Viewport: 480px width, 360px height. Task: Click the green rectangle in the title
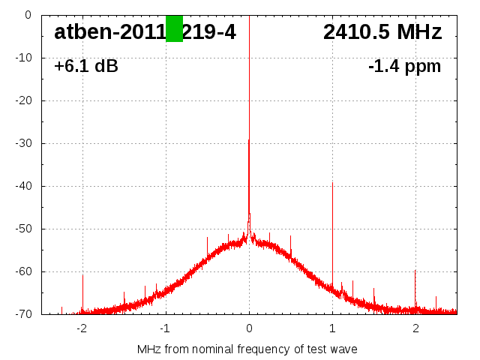click(x=174, y=28)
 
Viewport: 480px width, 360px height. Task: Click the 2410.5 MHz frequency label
click(x=382, y=31)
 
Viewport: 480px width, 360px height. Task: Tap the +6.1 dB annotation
click(x=85, y=67)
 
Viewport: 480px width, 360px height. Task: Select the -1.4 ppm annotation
click(x=404, y=67)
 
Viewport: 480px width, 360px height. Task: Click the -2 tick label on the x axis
click(x=82, y=328)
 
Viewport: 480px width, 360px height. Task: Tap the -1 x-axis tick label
click(x=165, y=328)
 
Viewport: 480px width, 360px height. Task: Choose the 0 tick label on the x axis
click(x=249, y=328)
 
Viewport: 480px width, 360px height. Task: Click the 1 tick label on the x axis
click(x=332, y=328)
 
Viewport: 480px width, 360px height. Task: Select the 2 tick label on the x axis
click(x=415, y=328)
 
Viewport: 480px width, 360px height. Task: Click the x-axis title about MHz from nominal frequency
click(x=247, y=349)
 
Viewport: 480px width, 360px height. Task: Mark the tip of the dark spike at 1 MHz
click(x=332, y=182)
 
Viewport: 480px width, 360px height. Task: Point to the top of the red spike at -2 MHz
click(x=82, y=275)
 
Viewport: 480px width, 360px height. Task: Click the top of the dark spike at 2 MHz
click(x=415, y=271)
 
